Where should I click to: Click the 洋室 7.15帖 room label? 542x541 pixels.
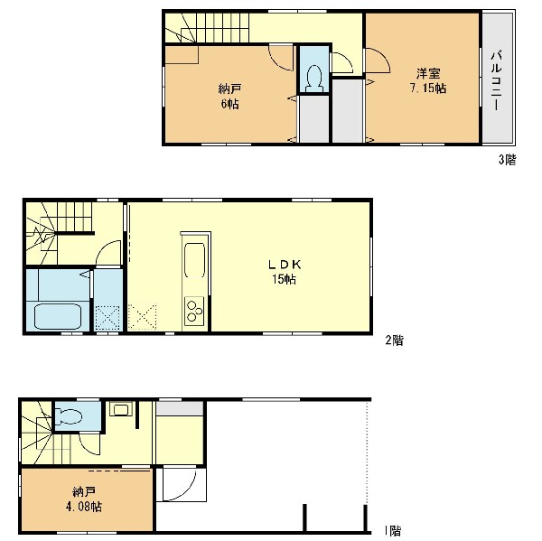(x=427, y=81)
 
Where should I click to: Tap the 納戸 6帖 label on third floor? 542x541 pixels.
(x=229, y=97)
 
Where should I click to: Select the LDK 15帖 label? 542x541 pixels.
(x=285, y=272)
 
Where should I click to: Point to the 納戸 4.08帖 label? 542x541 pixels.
(x=84, y=499)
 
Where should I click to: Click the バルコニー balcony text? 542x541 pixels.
(x=496, y=80)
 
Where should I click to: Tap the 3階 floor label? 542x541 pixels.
(x=507, y=160)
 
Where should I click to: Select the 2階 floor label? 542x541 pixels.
(x=395, y=340)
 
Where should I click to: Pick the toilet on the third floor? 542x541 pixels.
(x=314, y=79)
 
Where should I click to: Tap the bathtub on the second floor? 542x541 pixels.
(x=58, y=316)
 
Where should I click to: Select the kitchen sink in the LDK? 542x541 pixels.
(x=194, y=260)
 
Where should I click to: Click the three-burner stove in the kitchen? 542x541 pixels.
(x=194, y=311)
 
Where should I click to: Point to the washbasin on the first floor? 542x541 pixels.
(x=121, y=409)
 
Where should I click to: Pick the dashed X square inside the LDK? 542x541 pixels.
(x=142, y=317)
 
